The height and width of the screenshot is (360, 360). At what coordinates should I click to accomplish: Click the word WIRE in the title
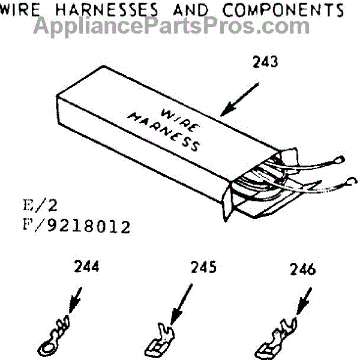pos(23,10)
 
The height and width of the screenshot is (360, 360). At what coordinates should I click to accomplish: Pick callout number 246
pos(306,269)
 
